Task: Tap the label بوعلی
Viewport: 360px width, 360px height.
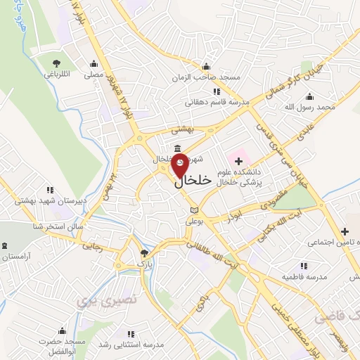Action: pyautogui.click(x=194, y=221)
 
